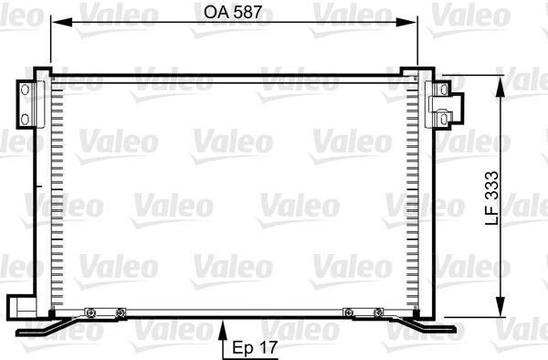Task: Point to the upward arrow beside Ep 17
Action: tap(223, 344)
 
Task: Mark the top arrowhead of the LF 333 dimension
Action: tap(500, 83)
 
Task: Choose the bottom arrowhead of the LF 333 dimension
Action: tap(500, 309)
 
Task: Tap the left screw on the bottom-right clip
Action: tap(348, 313)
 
